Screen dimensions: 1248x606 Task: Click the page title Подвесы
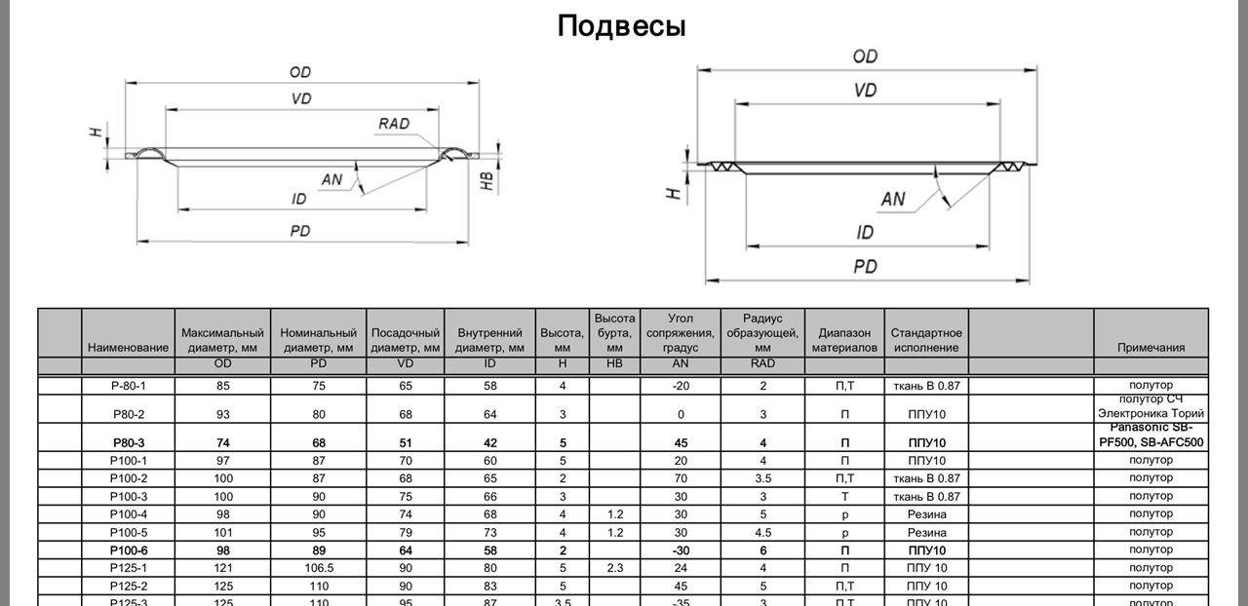(621, 26)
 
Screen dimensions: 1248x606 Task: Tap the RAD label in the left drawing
(394, 124)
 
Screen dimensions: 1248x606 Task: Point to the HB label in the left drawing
(487, 180)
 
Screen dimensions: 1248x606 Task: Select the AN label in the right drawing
(893, 199)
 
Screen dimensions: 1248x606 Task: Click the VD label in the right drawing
(865, 91)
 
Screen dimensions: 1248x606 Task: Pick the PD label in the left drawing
(299, 231)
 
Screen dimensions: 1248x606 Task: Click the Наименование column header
(128, 348)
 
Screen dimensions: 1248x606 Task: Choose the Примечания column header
(1151, 348)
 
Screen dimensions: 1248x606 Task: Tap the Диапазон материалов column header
(844, 340)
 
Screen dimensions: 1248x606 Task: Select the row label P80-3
(129, 442)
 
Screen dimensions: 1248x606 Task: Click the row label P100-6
(129, 550)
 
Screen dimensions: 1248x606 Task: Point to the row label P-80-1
(128, 386)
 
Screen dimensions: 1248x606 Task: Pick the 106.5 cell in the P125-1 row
(319, 568)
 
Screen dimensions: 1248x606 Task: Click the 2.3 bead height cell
(615, 568)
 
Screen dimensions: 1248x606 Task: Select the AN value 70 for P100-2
(681, 478)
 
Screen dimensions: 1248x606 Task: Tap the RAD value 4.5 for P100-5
(762, 533)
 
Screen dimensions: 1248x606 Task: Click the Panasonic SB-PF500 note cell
(1151, 435)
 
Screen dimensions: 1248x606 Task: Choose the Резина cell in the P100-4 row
(926, 514)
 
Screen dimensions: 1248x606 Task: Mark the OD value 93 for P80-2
(223, 414)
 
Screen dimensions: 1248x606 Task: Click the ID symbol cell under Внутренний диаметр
(489, 363)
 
